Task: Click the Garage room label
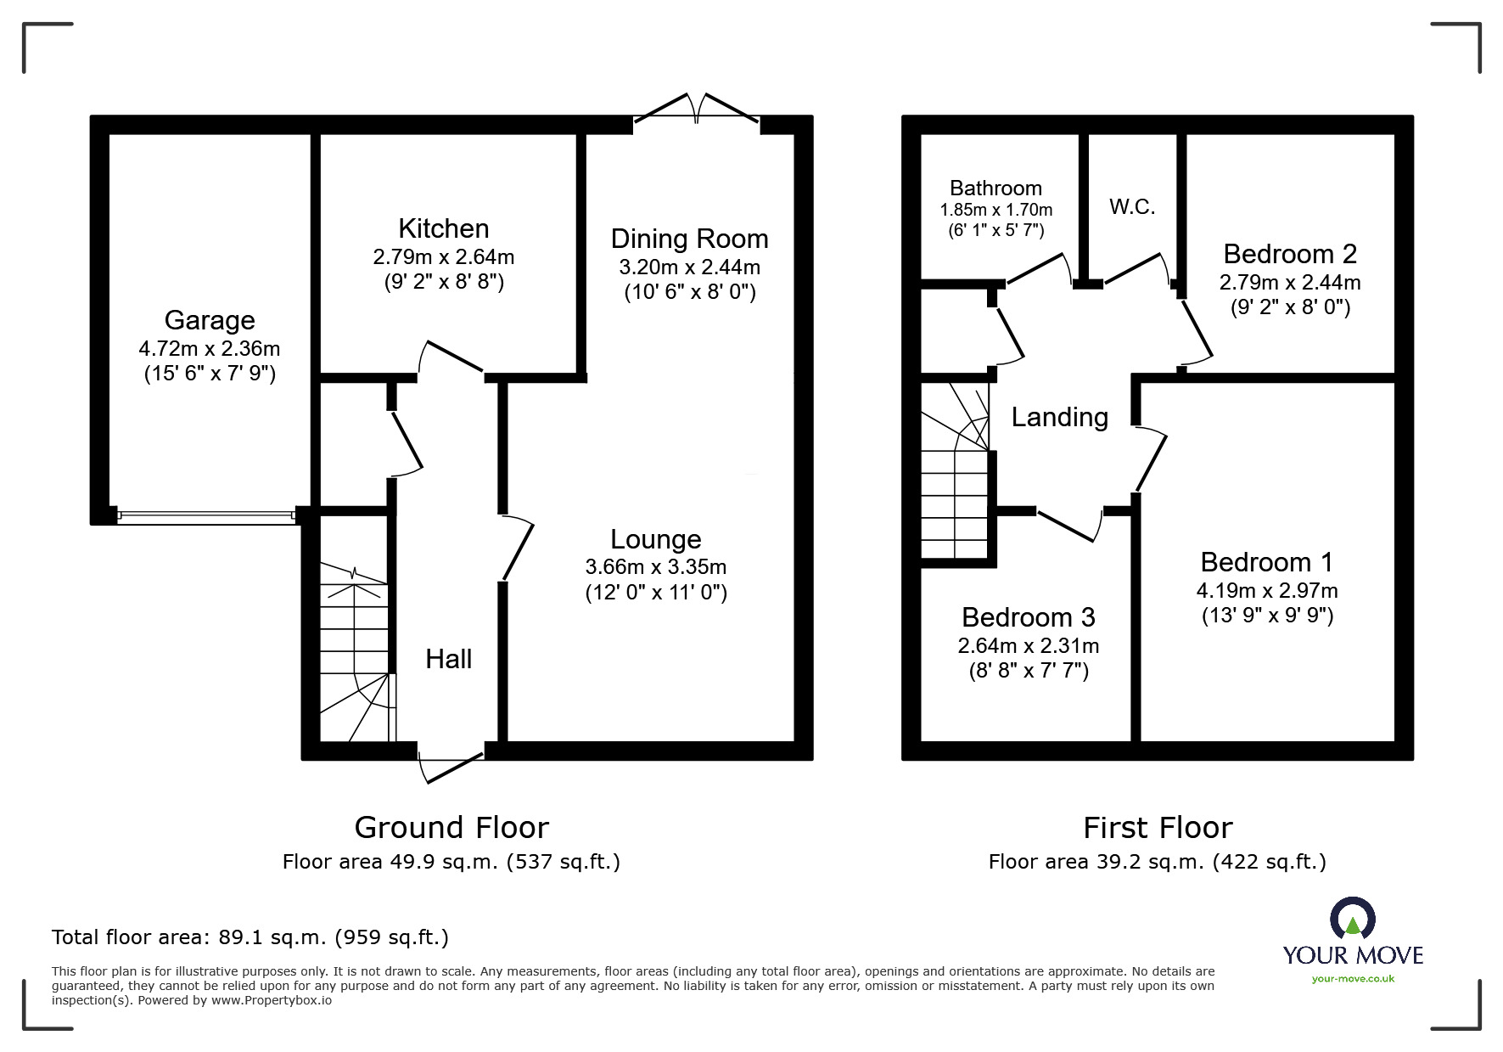(210, 320)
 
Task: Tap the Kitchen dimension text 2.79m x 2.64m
(443, 256)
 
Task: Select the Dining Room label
(689, 239)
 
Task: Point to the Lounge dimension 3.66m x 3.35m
(655, 566)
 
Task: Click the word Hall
(448, 659)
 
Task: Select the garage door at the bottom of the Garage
(206, 515)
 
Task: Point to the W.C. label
(1132, 207)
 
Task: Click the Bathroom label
(995, 188)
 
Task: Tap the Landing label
(1059, 417)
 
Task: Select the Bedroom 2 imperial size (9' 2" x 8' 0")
(1290, 307)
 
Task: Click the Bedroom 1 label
(1266, 562)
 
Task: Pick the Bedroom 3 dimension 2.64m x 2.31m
(1028, 645)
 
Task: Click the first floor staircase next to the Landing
(956, 475)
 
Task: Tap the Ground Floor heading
(451, 827)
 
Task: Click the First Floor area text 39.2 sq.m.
(1157, 862)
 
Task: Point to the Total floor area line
(250, 937)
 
